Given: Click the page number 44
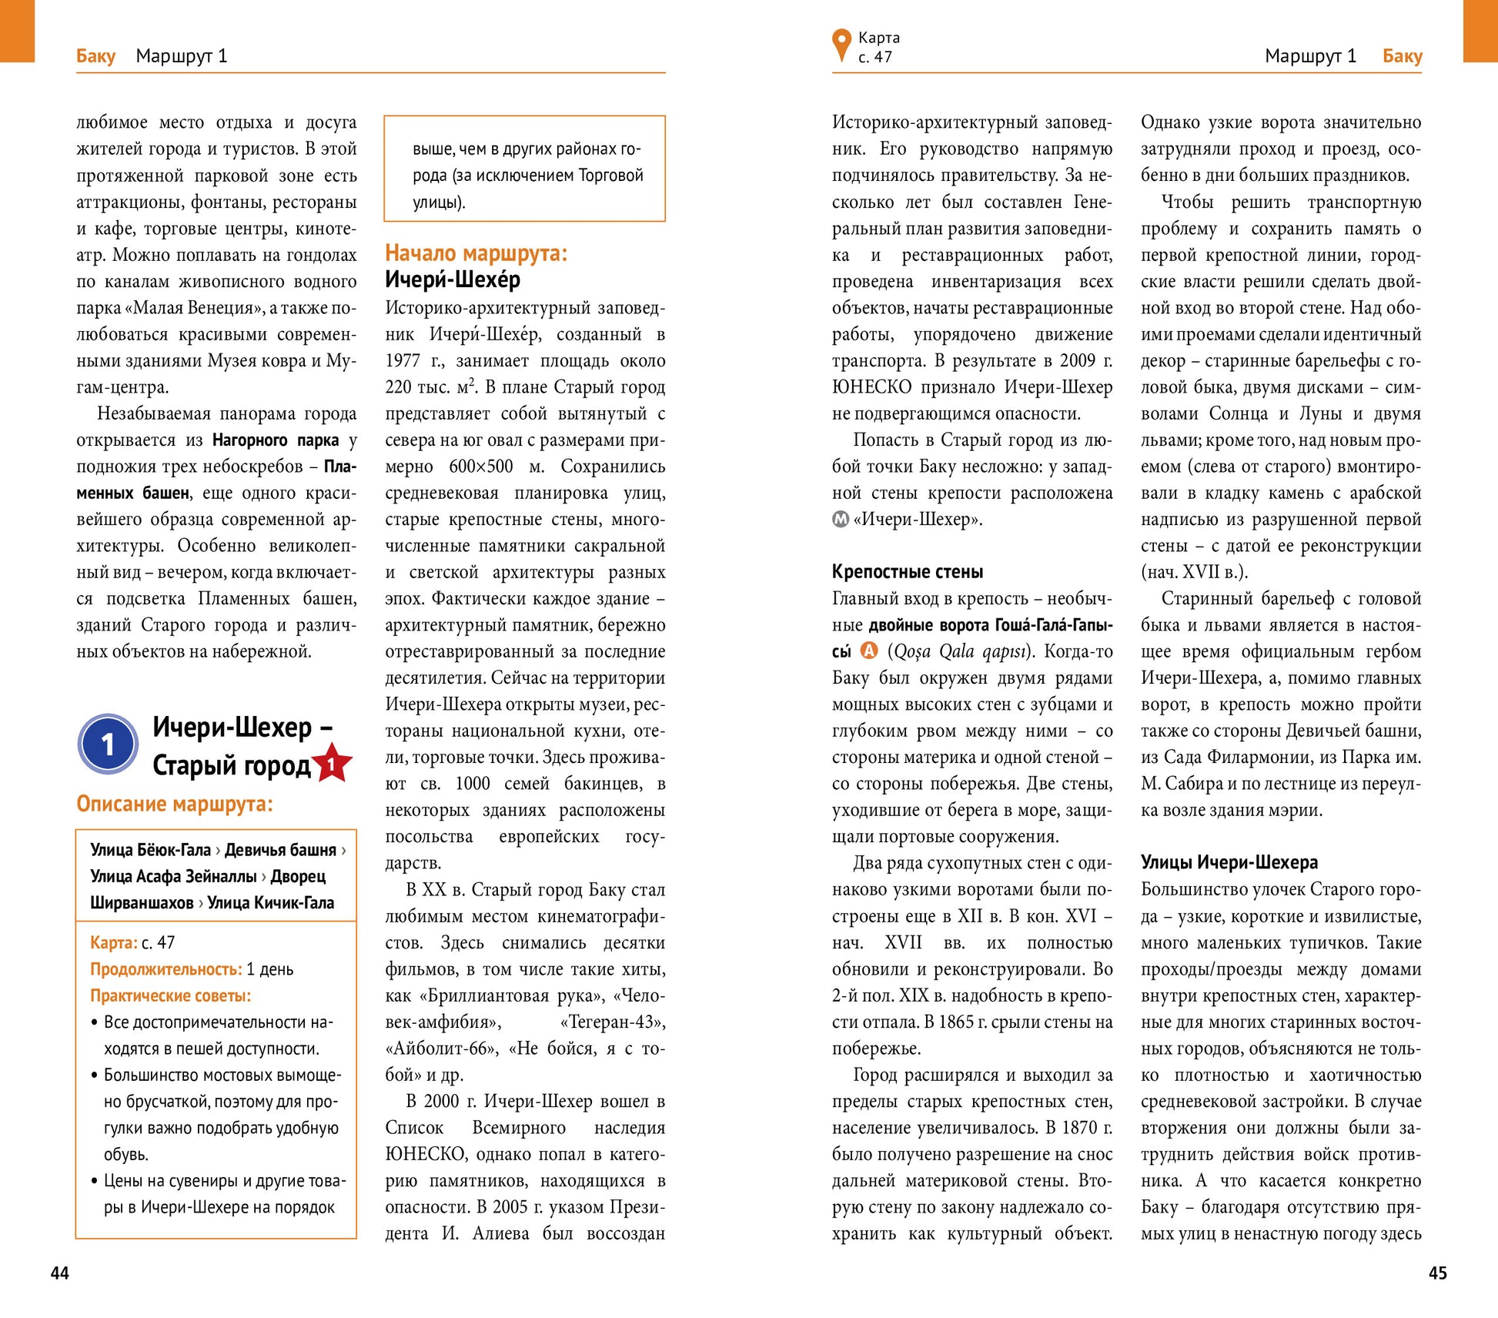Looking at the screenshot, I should (60, 1273).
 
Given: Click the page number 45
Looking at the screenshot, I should (1437, 1273).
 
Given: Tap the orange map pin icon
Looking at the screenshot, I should (841, 45).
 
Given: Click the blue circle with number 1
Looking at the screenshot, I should (109, 744).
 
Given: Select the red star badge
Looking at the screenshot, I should (331, 764).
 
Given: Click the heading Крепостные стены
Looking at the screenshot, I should (907, 571).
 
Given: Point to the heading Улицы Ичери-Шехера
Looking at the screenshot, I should (1229, 862).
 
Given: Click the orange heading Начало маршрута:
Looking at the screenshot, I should (476, 253).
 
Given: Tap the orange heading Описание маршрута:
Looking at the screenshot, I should (174, 804).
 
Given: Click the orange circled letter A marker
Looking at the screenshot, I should (868, 651).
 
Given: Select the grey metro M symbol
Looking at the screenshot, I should (840, 520).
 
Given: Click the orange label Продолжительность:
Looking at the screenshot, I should (166, 969).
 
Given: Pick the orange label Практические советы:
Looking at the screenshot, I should (170, 995).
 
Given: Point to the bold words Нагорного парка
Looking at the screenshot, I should (275, 440).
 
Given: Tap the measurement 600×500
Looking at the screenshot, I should (480, 467).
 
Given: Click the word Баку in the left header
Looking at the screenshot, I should (95, 56).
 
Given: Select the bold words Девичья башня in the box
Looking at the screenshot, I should (280, 850).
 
